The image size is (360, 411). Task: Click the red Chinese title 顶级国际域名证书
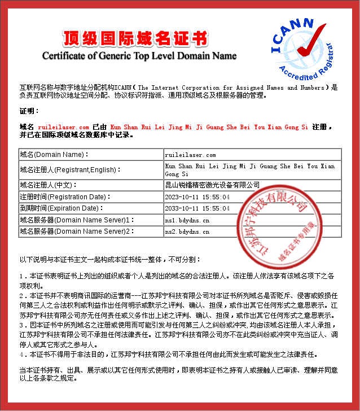click(x=135, y=38)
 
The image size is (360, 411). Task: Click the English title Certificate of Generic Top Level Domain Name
click(x=139, y=56)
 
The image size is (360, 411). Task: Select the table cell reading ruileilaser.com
click(x=190, y=154)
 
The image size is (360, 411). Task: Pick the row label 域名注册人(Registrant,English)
click(x=70, y=169)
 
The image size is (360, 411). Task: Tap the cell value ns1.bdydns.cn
click(x=187, y=220)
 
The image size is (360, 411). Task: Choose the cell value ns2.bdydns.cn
click(x=187, y=231)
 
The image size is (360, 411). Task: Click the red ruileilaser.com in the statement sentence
click(x=63, y=128)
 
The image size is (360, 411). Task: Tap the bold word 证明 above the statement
click(x=29, y=111)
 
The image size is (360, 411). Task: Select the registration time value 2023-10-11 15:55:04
click(x=197, y=197)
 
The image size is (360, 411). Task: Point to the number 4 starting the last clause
click(x=21, y=355)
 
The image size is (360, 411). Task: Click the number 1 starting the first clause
click(x=21, y=276)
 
